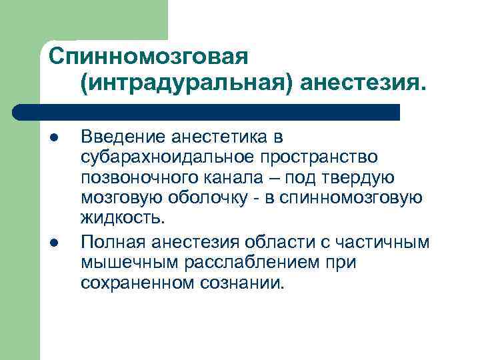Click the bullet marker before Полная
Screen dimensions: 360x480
coord(53,243)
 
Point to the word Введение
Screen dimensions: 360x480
coord(123,137)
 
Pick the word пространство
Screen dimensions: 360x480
coord(322,157)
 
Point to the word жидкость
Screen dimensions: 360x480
coord(121,218)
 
